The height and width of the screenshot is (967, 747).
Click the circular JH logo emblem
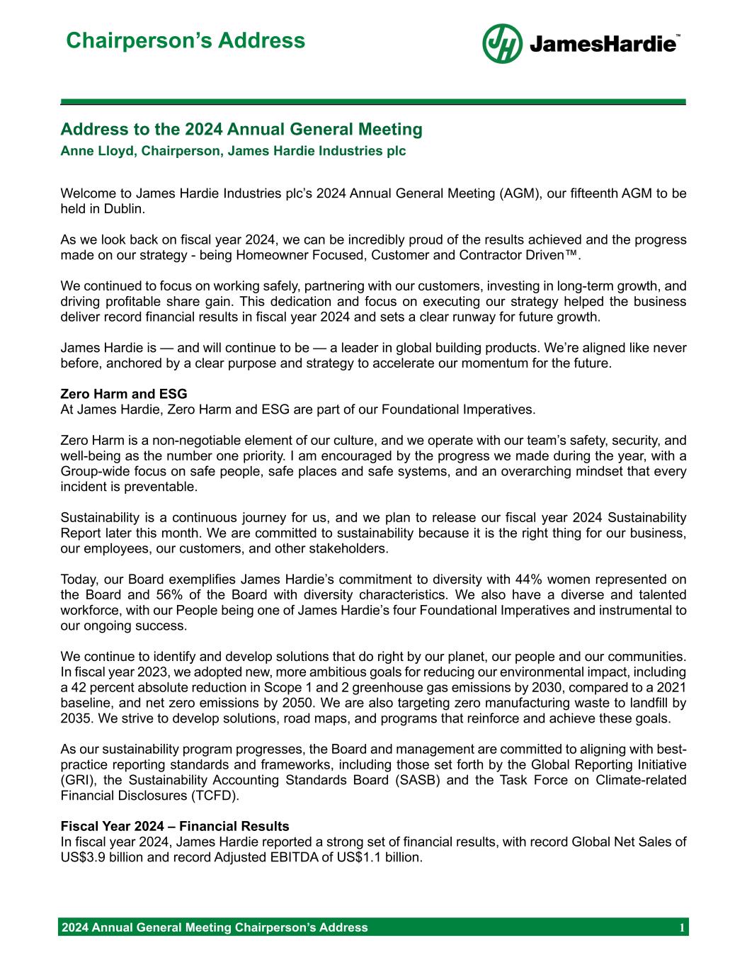[502, 44]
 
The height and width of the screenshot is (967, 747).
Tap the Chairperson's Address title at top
[186, 40]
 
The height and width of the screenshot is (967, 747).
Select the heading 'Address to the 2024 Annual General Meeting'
[241, 130]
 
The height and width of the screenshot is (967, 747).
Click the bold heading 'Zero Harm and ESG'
[124, 394]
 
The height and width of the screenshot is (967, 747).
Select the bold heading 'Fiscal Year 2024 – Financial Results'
[175, 826]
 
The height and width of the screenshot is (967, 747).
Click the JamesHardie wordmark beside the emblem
[603, 45]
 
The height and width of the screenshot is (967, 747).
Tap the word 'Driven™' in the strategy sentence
[559, 255]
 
